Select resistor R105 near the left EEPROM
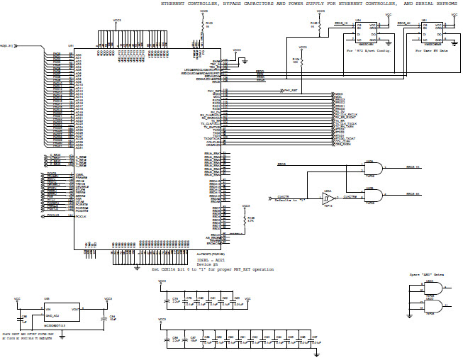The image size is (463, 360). pos(320,28)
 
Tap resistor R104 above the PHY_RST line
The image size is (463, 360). pos(303,62)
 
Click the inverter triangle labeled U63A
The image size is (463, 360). pos(328,198)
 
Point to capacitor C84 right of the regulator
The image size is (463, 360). pos(108,316)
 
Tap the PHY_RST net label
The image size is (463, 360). pos(289,91)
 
